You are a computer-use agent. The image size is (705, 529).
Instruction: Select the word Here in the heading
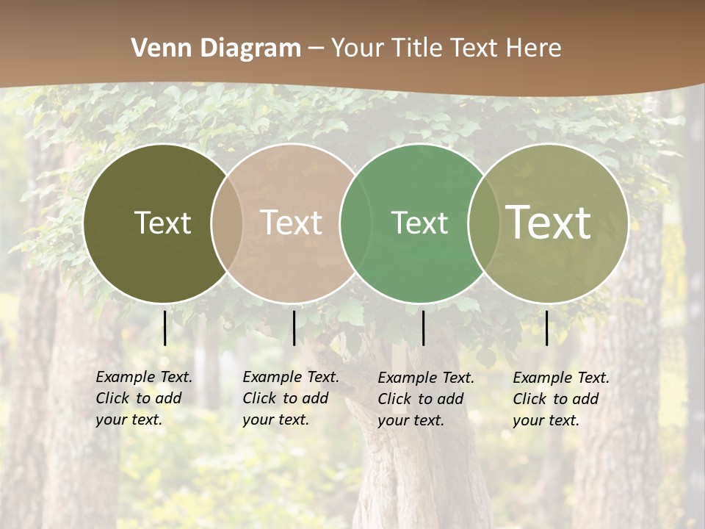534,48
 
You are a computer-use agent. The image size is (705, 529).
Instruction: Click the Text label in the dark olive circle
162,223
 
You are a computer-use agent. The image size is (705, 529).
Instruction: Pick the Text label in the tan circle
292,223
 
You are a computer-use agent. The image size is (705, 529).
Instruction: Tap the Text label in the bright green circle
419,223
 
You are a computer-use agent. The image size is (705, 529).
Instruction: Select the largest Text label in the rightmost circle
549,223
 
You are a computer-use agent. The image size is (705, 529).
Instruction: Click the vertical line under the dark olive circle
165,328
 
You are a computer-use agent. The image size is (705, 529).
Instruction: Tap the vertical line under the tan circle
294,328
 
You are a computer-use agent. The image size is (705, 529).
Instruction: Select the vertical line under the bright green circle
423,328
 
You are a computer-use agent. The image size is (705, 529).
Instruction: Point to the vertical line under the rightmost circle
546,328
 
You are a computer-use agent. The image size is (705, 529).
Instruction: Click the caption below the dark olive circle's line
144,398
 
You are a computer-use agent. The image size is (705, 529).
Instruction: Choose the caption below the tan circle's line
291,398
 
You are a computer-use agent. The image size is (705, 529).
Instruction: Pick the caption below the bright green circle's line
426,399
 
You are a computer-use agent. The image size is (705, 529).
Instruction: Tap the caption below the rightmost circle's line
561,399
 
